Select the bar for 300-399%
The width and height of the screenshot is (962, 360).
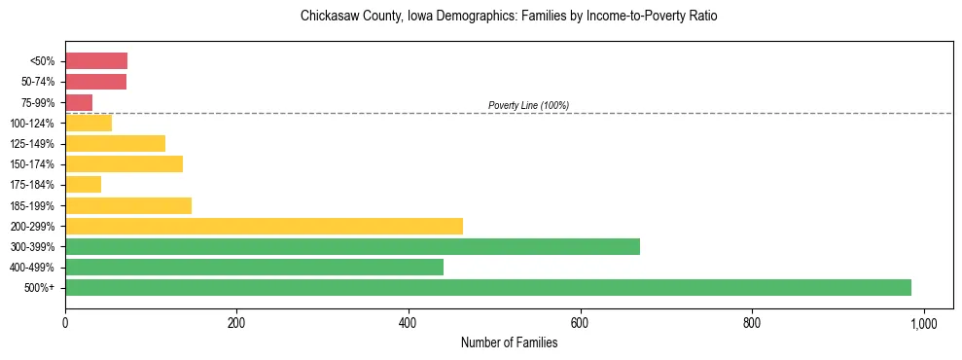point(352,246)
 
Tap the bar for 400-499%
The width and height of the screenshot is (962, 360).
point(254,267)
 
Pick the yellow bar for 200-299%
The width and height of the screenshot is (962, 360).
point(264,226)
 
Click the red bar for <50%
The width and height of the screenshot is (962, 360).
point(96,61)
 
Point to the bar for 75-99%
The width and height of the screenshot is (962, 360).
point(79,102)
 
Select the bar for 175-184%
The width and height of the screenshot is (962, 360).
point(83,185)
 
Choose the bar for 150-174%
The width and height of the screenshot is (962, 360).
point(124,163)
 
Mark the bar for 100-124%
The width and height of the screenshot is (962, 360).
point(89,123)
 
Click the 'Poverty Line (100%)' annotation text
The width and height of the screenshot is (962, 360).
point(528,105)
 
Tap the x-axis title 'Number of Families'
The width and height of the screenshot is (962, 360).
point(509,342)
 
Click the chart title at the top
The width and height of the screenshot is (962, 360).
point(509,17)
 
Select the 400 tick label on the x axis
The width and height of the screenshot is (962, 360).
point(409,322)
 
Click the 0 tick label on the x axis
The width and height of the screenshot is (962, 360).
point(65,322)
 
